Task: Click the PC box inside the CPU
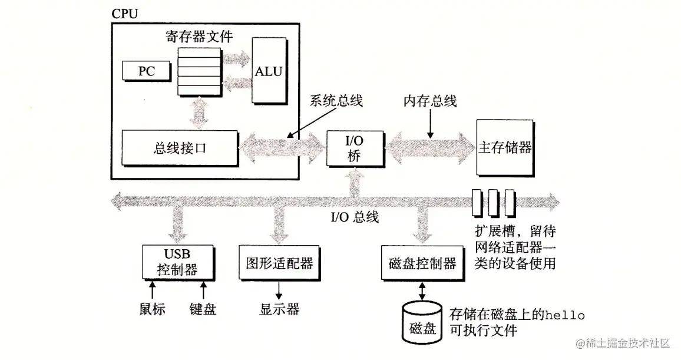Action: tap(146, 71)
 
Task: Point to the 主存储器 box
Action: tap(505, 147)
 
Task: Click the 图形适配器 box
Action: tap(279, 263)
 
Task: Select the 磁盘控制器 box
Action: tap(422, 263)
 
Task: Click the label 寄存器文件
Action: tap(199, 37)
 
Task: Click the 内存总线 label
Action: tap(429, 101)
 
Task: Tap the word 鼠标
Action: tap(152, 309)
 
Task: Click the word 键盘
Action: tap(203, 309)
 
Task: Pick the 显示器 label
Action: tap(279, 309)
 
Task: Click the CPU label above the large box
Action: tap(124, 13)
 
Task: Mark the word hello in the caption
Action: tap(565, 315)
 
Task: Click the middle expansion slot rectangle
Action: tap(493, 202)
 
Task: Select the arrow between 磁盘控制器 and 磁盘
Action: tap(422, 290)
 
